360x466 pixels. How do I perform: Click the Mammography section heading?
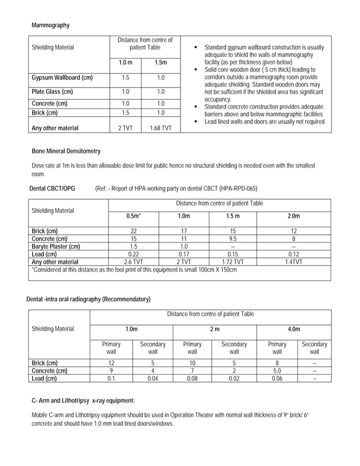point(51,25)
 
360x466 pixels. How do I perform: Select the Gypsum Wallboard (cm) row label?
point(62,77)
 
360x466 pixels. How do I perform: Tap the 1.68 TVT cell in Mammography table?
point(160,128)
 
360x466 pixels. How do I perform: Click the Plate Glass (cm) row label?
point(52,91)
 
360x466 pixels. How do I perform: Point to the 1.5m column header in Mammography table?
point(160,62)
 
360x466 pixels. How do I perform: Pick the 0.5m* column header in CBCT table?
point(133,216)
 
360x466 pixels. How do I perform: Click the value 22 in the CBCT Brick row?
point(133,231)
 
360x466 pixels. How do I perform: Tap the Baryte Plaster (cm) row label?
point(56,247)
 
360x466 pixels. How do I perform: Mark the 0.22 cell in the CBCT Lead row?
point(133,254)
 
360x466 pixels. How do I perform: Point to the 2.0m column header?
point(293,216)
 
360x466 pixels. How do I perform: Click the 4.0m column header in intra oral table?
point(294,329)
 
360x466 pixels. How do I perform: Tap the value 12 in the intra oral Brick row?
point(111,363)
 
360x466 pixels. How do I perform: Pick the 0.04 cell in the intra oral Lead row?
point(152,379)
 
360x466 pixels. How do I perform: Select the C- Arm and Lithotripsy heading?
point(83,401)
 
